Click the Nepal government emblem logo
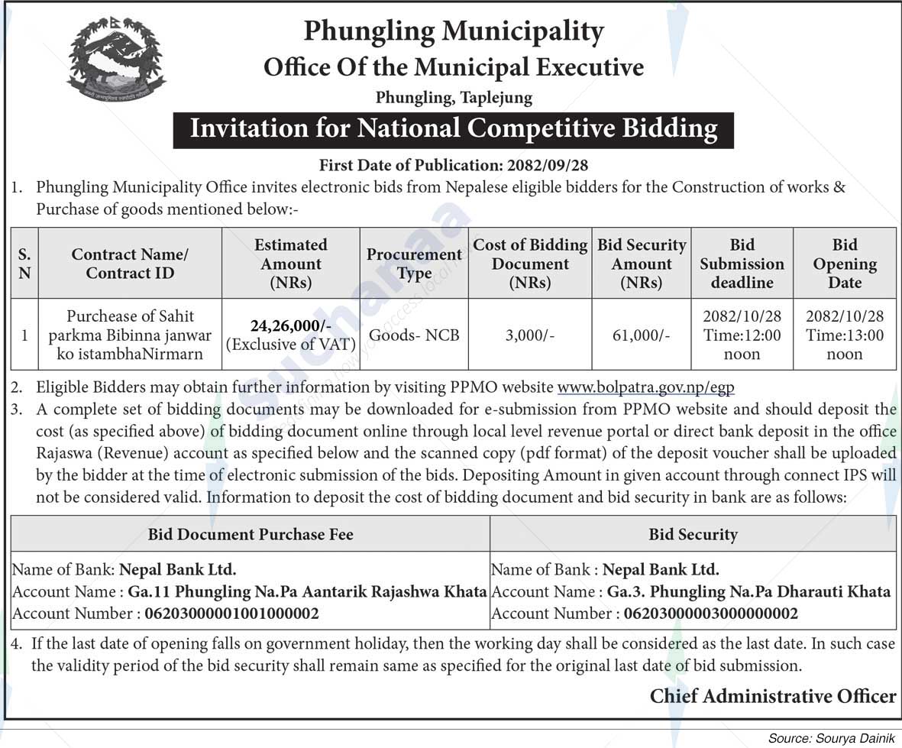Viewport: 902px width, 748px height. [x=116, y=60]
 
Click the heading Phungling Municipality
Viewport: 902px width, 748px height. [x=454, y=31]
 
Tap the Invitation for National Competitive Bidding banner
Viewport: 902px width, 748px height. [x=453, y=128]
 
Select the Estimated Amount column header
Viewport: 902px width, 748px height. [x=290, y=264]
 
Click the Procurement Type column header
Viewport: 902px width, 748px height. [x=414, y=264]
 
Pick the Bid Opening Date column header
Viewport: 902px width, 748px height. [x=844, y=264]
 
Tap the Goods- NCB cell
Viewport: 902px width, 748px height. [x=414, y=335]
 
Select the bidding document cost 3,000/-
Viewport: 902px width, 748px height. [x=530, y=335]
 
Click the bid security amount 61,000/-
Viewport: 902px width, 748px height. [x=642, y=335]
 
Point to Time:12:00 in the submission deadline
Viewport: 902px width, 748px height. [x=742, y=335]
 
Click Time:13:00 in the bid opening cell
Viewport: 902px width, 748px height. [x=844, y=335]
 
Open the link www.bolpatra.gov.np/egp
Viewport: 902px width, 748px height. [x=645, y=387]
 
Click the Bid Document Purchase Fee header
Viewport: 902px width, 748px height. [x=251, y=534]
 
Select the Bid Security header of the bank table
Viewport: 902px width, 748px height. [x=693, y=534]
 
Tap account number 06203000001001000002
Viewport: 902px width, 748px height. [x=231, y=614]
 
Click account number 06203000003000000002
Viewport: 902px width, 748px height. [x=710, y=614]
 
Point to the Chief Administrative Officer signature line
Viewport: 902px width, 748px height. [x=772, y=696]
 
